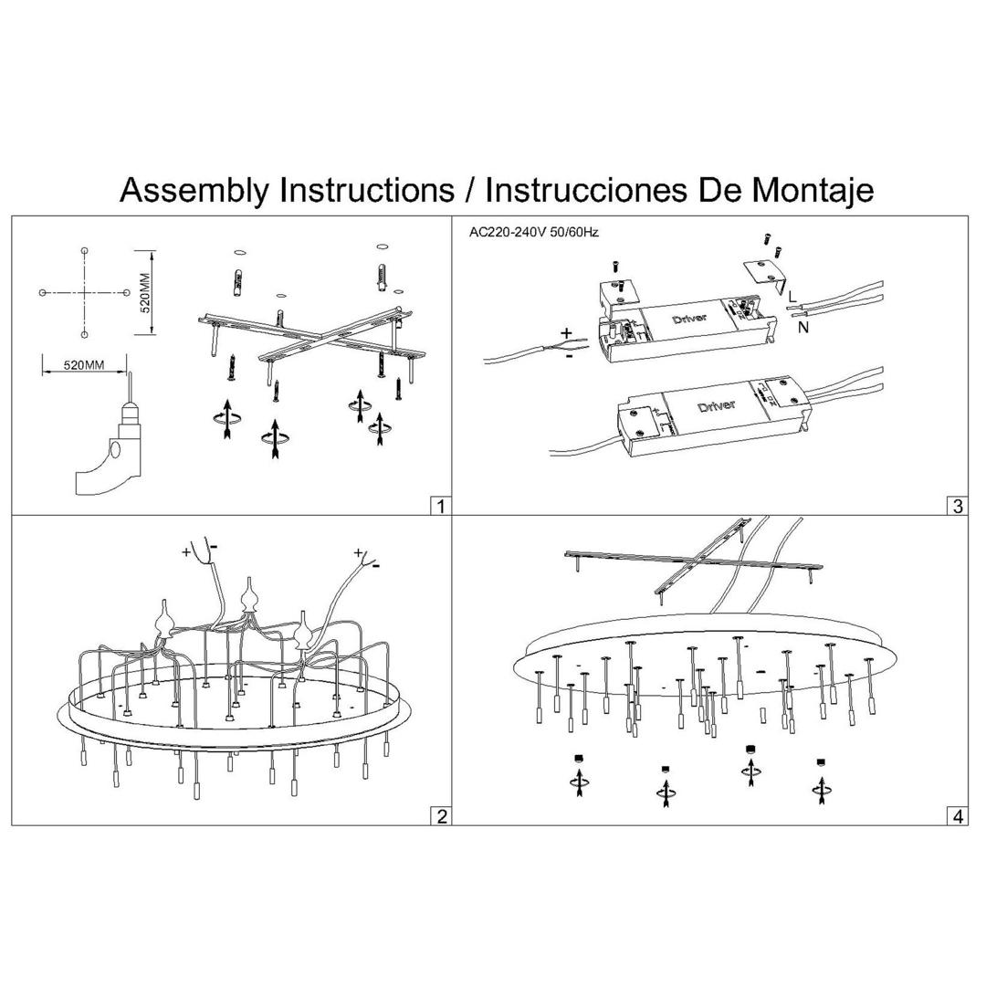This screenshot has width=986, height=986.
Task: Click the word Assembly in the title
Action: point(194,191)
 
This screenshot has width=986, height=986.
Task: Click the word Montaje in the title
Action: point(812,191)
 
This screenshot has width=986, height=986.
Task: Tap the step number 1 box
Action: point(441,506)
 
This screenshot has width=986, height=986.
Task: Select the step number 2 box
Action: point(441,816)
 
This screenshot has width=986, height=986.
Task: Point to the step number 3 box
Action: point(958,506)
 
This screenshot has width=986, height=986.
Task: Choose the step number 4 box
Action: point(958,816)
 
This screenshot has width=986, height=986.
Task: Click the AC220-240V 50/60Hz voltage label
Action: point(534,232)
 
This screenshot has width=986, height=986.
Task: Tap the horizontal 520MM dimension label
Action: point(83,365)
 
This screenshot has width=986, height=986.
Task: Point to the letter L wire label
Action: point(792,298)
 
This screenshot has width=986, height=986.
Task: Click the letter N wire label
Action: point(803,328)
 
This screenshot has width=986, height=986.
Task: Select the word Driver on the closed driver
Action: point(716,405)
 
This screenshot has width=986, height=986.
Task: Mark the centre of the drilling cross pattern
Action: point(84,292)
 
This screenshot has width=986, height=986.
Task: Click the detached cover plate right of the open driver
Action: point(764,273)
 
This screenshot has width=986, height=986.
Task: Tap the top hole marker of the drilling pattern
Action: point(84,250)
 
